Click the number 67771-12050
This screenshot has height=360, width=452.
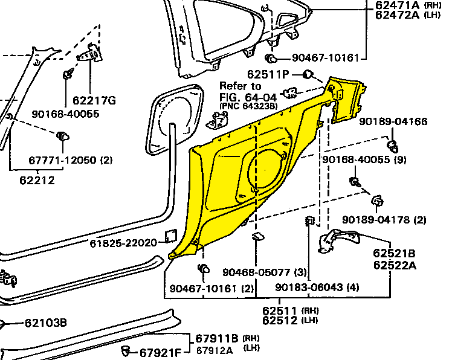point(63,160)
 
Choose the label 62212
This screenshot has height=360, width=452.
point(37,179)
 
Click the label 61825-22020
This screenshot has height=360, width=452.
point(123,243)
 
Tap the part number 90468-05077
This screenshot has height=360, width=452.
point(256,272)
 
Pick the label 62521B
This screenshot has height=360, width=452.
point(393,254)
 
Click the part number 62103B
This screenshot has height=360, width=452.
point(46,323)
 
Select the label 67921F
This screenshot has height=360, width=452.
point(160,353)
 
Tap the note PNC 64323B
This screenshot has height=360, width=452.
point(248,106)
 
